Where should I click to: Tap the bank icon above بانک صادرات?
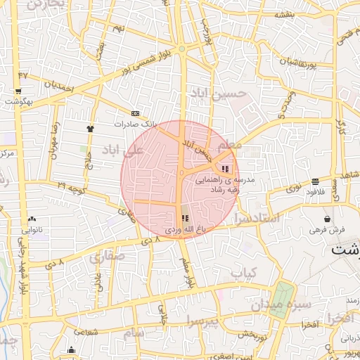pyautogui.click(x=135, y=113)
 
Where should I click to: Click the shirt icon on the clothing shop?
pyautogui.click(x=90, y=129)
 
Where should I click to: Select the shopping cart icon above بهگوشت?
pyautogui.click(x=17, y=91)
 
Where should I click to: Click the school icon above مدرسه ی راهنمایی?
pyautogui.click(x=224, y=169)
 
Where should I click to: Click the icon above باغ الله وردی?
pyautogui.click(x=185, y=219)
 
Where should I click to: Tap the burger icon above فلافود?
pyautogui.click(x=315, y=181)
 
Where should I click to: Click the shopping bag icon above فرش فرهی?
pyautogui.click(x=328, y=219)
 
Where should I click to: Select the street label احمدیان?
pyautogui.click(x=58, y=84)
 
